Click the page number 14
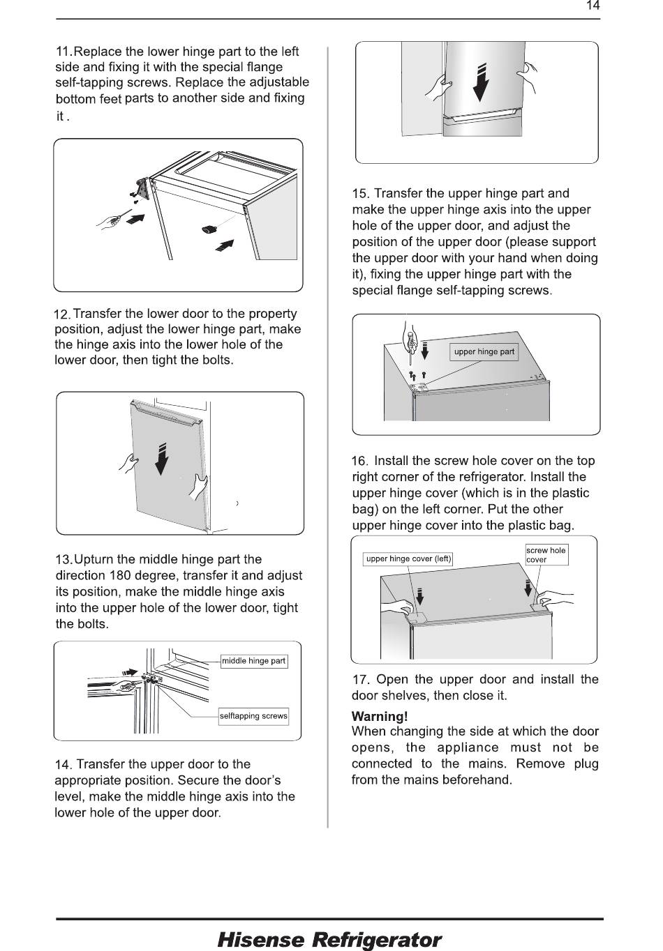(x=593, y=6)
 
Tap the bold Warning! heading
(x=380, y=717)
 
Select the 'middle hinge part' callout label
(x=254, y=661)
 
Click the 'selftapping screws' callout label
(x=253, y=716)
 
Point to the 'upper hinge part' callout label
(x=484, y=351)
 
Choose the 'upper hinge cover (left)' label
(x=408, y=558)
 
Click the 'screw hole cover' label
(x=546, y=554)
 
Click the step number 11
(x=64, y=52)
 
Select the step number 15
(x=360, y=194)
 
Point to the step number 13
(x=64, y=560)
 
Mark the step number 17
(x=360, y=680)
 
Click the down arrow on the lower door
(x=162, y=459)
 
